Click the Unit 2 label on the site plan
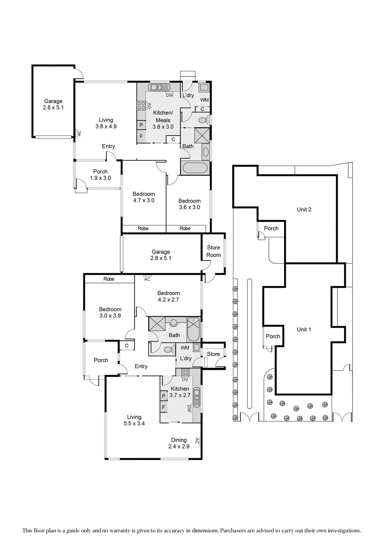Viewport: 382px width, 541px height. tap(304, 210)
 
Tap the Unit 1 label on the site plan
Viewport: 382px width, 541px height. tap(304, 330)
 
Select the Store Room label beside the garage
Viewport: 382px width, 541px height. tap(213, 251)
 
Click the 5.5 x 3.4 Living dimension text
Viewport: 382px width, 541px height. tap(134, 424)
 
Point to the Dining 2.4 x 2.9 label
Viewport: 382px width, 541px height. tap(179, 443)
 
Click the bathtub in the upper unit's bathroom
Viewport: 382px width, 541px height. tap(195, 168)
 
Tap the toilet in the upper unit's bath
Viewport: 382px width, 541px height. tap(203, 120)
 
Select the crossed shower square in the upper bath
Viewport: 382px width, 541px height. tap(202, 135)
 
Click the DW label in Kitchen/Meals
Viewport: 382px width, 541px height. tap(170, 96)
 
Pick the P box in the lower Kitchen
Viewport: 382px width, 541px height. tap(163, 396)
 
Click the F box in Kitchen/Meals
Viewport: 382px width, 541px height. tap(141, 137)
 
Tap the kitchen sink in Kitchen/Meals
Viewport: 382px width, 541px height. tap(155, 87)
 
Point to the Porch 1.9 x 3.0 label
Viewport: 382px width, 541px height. tap(100, 175)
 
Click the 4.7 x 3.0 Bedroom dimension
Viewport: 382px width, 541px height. tap(144, 201)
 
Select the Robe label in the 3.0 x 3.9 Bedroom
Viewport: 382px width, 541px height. tap(109, 279)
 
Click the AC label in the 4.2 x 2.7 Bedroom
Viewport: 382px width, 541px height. tap(147, 279)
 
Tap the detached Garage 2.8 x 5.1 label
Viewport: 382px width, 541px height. tap(53, 104)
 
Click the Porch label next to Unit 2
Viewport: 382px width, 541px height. tap(271, 229)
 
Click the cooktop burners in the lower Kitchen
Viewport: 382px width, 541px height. tap(185, 373)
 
